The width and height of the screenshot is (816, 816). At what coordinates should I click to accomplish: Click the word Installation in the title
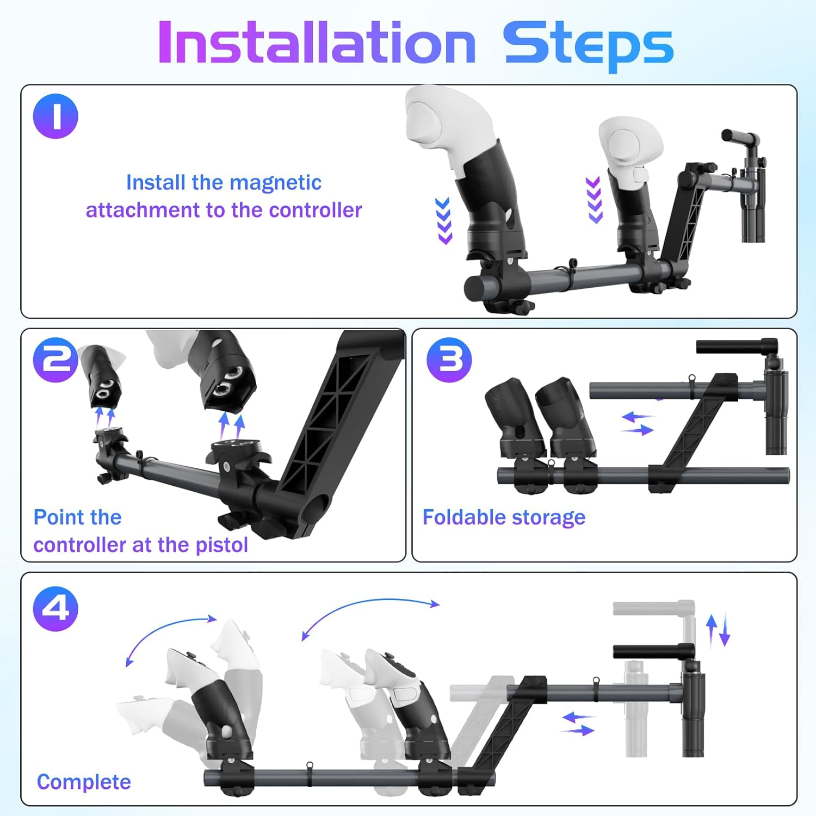click(317, 42)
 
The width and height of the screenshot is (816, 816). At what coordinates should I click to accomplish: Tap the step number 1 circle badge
click(55, 116)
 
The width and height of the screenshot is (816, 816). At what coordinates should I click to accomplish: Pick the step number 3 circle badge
click(449, 359)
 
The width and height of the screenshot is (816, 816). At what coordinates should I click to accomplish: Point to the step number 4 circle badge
click(55, 609)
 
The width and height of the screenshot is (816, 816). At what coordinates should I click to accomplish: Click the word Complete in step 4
click(84, 782)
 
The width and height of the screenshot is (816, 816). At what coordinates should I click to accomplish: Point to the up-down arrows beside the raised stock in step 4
click(718, 630)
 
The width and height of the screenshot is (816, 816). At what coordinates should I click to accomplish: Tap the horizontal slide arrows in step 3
click(637, 424)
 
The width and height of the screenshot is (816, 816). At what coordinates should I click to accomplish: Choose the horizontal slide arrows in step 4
click(578, 724)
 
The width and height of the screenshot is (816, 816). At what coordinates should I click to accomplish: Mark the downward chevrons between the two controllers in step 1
click(595, 200)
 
